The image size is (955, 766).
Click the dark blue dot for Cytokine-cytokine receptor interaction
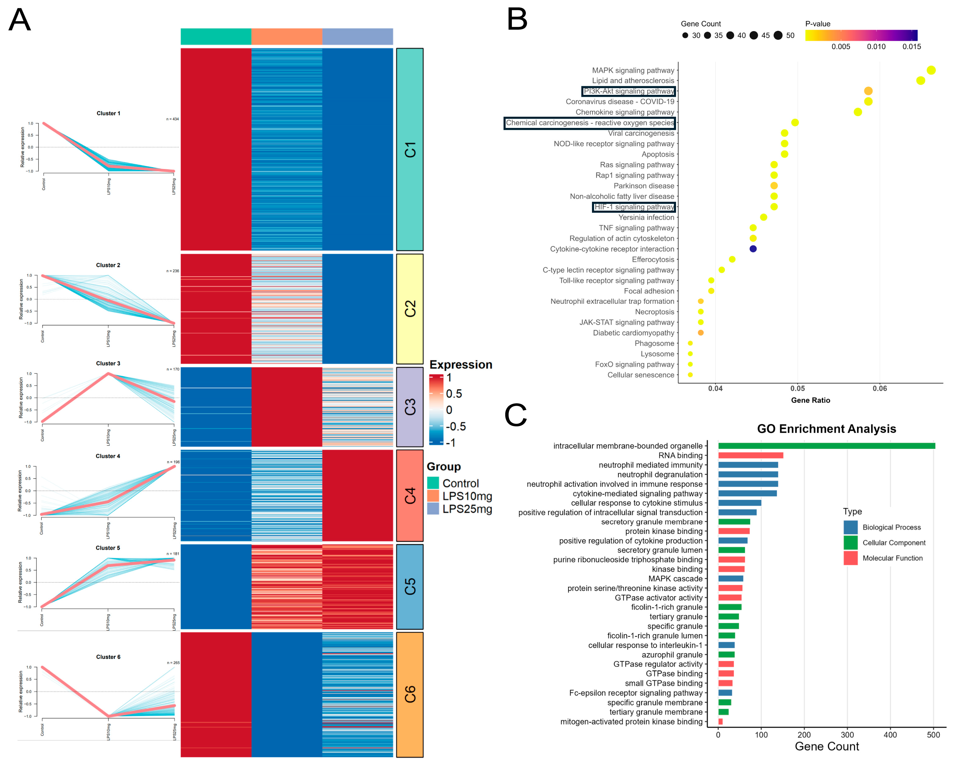pos(753,249)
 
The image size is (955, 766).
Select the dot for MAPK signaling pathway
pos(931,70)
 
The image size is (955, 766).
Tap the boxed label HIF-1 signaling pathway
pos(634,207)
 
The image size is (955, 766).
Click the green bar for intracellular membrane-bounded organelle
pos(826,446)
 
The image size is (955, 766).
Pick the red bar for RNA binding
pos(750,455)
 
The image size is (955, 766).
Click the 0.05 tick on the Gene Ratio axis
pos(798,388)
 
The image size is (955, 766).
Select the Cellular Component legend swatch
pos(851,543)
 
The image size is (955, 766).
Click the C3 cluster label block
pos(410,407)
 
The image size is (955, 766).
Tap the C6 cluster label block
pos(410,694)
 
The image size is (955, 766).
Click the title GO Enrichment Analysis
pos(826,429)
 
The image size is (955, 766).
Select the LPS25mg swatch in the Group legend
pos(433,509)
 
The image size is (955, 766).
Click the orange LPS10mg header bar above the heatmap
pos(287,37)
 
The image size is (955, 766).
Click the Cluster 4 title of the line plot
pos(108,456)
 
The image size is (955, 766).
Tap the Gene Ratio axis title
pos(811,400)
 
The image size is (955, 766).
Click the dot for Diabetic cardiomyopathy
pos(701,333)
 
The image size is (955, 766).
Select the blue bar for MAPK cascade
pos(730,579)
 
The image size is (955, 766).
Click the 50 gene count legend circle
pos(778,36)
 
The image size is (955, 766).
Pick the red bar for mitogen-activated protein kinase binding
pos(720,722)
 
